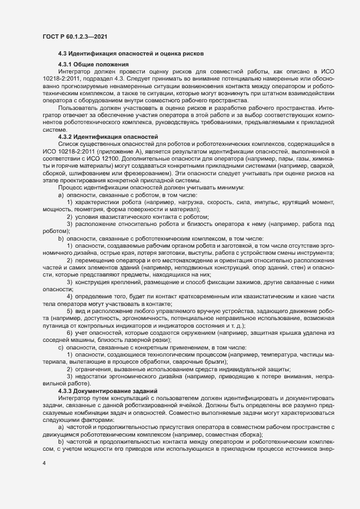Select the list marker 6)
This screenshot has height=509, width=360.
[x=70, y=333]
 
